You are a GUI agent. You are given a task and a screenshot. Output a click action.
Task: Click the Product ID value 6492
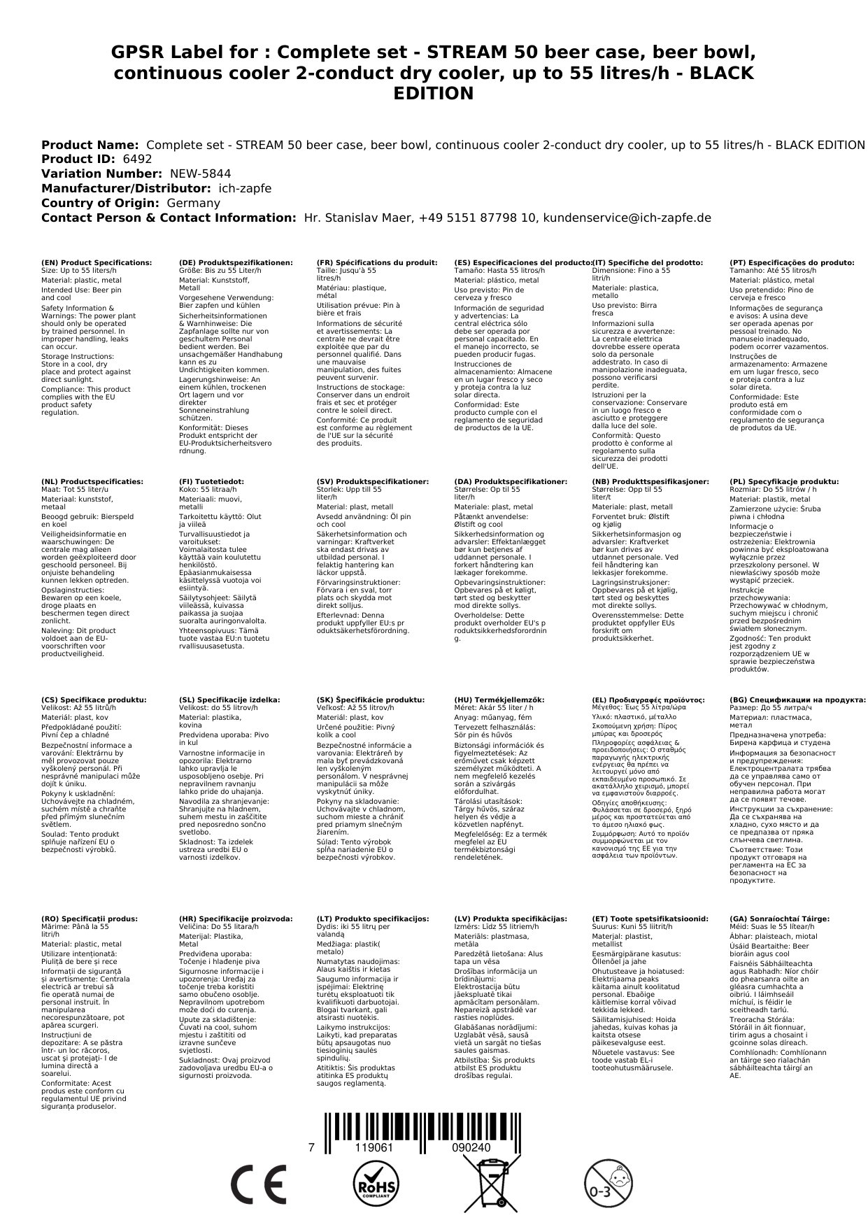point(137,159)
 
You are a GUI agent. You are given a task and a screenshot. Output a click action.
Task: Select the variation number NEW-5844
point(200,174)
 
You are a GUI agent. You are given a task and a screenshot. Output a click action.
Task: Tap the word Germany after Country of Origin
point(193,204)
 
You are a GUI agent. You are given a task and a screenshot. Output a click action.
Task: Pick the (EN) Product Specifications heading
point(97,263)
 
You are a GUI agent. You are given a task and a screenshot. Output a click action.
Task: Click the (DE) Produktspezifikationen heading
point(236,263)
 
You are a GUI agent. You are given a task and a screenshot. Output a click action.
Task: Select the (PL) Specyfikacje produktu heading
point(783,482)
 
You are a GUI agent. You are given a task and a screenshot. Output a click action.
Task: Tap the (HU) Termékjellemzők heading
point(499,700)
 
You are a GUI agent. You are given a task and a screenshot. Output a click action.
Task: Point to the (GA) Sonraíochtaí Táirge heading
point(779,919)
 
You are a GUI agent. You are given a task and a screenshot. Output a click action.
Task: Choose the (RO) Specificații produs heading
point(90,919)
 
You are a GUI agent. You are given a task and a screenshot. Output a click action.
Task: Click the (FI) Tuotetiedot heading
point(211,482)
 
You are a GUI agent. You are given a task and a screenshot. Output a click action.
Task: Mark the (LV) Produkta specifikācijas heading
point(511,919)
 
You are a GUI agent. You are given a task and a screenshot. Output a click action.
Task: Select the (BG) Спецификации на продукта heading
point(797,700)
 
